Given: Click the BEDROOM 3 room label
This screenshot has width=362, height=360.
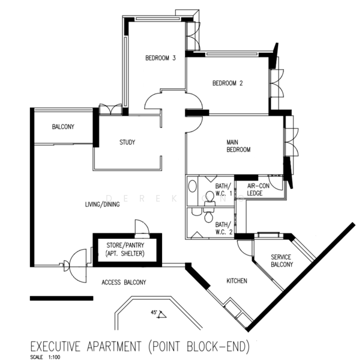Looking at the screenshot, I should pos(160,58).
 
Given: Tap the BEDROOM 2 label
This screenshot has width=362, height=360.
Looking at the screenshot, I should pos(228,83).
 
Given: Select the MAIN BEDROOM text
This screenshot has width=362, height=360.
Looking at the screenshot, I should pos(238,146).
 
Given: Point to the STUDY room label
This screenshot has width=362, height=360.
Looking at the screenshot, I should pos(127,142).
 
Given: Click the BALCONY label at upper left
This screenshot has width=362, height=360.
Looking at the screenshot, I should pos(63,127).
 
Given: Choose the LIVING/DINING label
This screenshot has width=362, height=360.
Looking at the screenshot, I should pos(103,205).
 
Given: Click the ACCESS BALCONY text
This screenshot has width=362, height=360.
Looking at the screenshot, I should pos(124,282).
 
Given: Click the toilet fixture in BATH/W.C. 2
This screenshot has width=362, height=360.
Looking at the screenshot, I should pos(208,208).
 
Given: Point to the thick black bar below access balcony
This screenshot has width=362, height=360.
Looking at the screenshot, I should pos(61,298).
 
